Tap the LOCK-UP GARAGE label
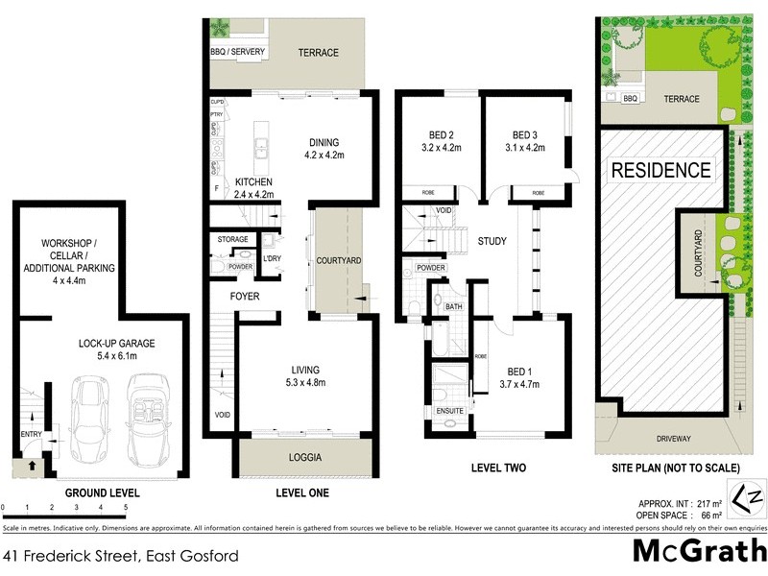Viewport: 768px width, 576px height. pos(116,343)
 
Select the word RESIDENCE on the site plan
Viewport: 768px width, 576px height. pos(661,172)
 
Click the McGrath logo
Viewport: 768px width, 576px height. pos(700,552)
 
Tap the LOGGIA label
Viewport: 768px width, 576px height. pos(304,458)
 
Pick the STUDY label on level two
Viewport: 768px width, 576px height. pos(492,241)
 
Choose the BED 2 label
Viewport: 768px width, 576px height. pos(443,134)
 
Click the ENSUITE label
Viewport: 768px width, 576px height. pos(450,411)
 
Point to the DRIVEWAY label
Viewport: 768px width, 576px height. pos(674,439)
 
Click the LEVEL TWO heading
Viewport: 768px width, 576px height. pos(494,468)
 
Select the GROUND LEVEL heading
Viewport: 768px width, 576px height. pos(103,493)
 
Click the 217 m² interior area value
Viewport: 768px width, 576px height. pos(708,502)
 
